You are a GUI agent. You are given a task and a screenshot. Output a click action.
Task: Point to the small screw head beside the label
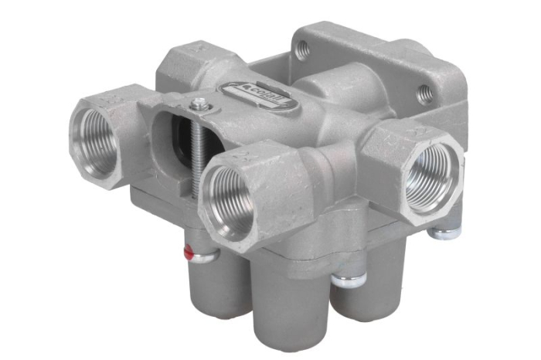[203, 104]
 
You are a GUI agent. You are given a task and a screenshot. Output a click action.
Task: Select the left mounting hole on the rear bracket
[304, 49]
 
